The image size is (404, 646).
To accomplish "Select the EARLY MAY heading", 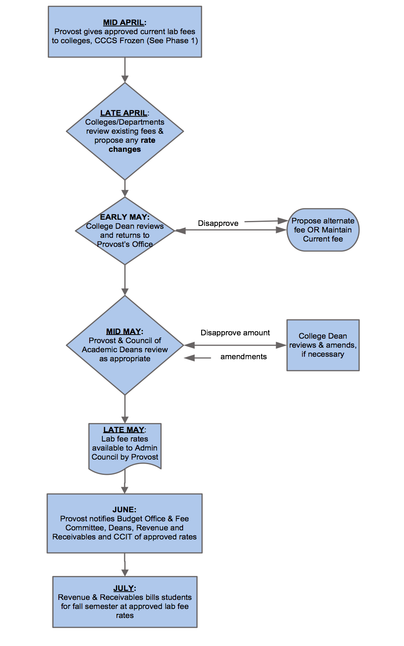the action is click(125, 217).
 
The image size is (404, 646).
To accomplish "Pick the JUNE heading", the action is click(125, 509).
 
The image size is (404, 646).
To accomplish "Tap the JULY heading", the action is click(125, 588).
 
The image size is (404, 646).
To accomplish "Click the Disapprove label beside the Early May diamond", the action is click(218, 223).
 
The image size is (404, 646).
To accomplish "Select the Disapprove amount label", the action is click(235, 333).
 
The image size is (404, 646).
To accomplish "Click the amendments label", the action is click(244, 357).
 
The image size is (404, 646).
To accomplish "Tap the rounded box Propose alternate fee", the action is click(323, 230).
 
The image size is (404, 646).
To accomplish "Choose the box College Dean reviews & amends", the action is click(323, 345).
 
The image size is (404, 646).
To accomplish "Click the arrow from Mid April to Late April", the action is click(125, 70).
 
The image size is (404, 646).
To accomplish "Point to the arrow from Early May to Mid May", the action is click(125, 280).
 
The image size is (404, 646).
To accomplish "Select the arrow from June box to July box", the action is click(125, 565).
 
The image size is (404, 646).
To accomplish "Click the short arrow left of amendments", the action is click(197, 358).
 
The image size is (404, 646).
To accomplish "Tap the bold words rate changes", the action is click(132, 145).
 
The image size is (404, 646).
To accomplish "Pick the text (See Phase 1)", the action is click(172, 41).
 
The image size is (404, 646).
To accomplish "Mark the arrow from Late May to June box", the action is click(125, 481).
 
